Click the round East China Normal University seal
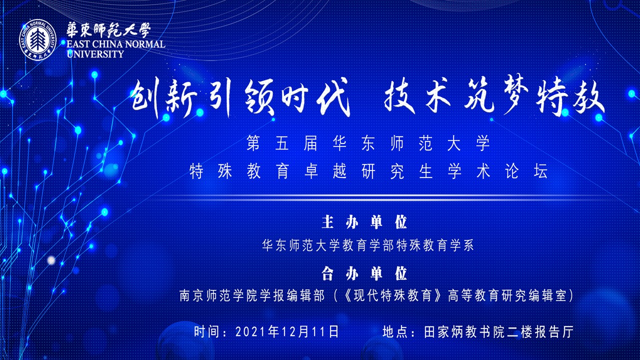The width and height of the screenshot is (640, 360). click(37, 38)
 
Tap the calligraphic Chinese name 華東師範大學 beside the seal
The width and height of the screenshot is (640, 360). click(108, 30)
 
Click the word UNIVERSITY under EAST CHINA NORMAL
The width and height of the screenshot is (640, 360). click(95, 53)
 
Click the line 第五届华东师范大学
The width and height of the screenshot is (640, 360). click(368, 143)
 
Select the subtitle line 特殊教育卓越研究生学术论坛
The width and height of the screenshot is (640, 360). click(368, 171)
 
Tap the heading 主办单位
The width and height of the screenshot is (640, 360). click(364, 222)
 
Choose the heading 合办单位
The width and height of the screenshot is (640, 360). click(364, 273)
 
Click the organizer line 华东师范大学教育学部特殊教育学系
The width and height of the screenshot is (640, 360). click(368, 245)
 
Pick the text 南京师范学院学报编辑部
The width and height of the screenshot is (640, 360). click(252, 295)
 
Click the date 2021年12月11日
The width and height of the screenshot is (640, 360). click(287, 331)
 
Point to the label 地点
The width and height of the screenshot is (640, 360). click(395, 331)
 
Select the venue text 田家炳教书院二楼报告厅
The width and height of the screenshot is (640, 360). click(499, 331)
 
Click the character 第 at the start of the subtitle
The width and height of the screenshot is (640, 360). click(253, 143)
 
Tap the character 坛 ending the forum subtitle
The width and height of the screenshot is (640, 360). click(540, 171)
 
